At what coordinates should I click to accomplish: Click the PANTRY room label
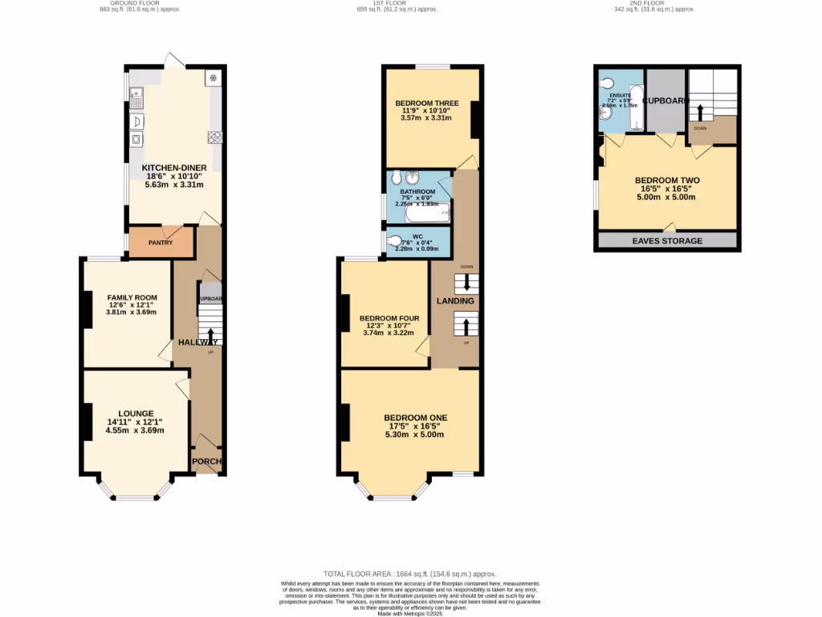(x=161, y=242)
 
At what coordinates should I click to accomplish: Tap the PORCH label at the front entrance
(x=206, y=461)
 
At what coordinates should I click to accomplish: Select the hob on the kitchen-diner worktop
(x=214, y=137)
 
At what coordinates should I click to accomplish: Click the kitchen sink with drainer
(x=136, y=98)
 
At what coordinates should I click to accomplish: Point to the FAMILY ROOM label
(x=128, y=296)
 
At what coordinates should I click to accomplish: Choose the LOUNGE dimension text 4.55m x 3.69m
(x=135, y=430)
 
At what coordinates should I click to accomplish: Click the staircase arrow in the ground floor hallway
(x=211, y=334)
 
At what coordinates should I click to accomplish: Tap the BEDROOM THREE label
(x=426, y=104)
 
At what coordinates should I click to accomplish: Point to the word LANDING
(x=455, y=300)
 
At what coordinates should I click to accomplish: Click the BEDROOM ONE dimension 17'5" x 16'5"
(x=415, y=426)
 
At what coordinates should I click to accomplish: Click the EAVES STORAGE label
(x=666, y=241)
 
